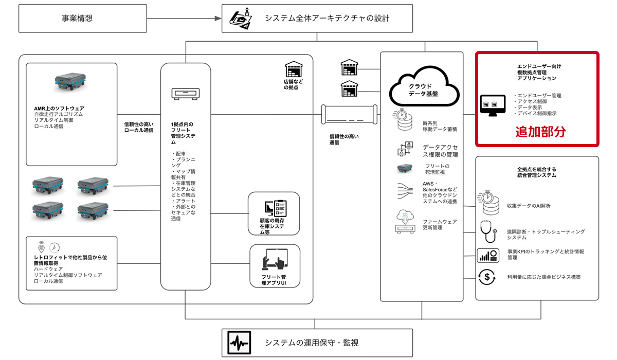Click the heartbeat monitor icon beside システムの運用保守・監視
pos(240,343)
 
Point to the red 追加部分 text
pos(540,132)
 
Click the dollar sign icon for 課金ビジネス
pos(487,277)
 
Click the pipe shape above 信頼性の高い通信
pos(347,115)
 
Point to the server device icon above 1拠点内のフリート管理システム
pos(185,94)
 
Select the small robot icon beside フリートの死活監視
pos(405,167)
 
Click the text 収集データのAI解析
pos(529,206)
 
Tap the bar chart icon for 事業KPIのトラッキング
pos(487,255)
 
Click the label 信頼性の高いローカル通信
pos(139,127)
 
